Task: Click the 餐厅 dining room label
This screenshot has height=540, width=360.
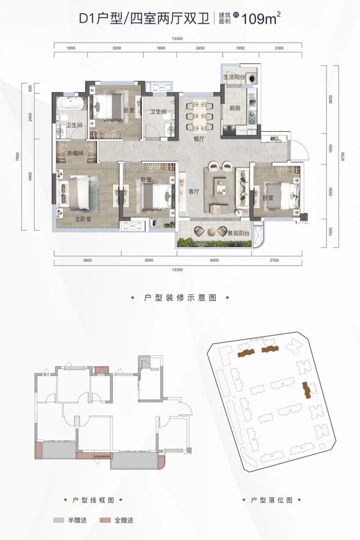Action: (198, 139)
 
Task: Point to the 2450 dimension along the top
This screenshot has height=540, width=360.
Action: (198, 49)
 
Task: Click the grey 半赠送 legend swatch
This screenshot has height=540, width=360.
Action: (60, 521)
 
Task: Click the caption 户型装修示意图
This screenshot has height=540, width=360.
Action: (180, 298)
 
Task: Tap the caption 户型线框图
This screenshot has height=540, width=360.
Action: (91, 500)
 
